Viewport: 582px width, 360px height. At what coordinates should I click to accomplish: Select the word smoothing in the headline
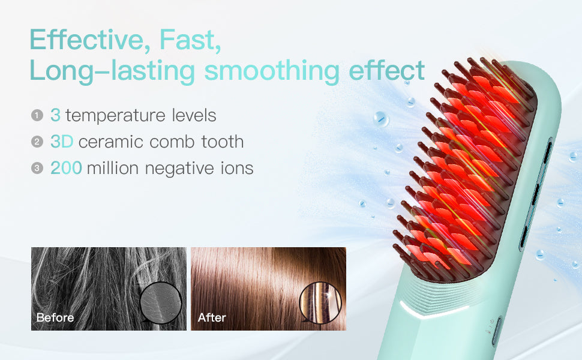272,71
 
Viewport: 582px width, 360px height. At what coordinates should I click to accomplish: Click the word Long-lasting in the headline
112,71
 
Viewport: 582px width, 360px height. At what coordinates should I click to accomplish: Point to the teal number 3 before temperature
55,115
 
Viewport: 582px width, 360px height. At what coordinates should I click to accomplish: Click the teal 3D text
62,142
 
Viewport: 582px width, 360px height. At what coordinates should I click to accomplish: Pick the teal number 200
66,168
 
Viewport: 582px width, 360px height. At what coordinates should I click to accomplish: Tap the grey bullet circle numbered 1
37,115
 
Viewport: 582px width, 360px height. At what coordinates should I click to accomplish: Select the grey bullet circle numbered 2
37,142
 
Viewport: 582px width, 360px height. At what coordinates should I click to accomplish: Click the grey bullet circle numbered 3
37,168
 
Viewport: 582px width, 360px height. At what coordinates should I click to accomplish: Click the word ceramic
110,142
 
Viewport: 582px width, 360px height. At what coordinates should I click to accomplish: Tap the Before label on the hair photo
55,317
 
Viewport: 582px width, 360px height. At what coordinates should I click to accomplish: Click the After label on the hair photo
212,317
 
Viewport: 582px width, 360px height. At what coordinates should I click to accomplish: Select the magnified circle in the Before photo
161,303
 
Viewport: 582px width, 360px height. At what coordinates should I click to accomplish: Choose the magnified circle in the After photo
320,303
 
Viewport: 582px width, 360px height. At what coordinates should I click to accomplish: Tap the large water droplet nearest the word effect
381,119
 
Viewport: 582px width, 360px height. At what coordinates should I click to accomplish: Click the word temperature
115,116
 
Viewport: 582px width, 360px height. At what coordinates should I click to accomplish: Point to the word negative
179,169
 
